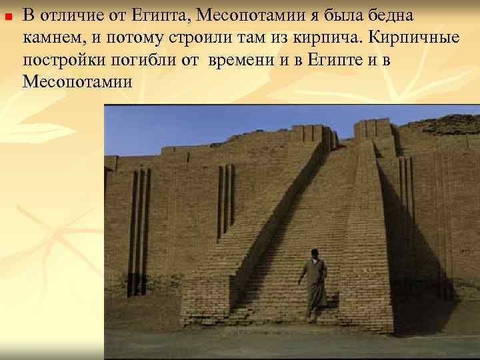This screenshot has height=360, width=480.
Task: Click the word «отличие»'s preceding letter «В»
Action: click(29, 15)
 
